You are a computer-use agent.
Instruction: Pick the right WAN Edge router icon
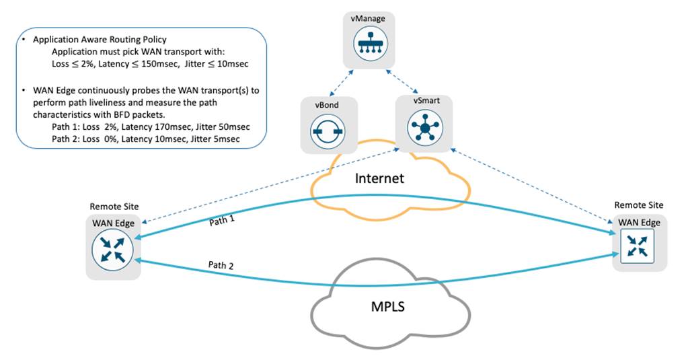pos(639,246)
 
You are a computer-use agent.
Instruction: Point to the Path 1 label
pos(223,220)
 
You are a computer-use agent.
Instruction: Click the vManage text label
pos(368,18)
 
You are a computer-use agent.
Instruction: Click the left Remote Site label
pos(114,206)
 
